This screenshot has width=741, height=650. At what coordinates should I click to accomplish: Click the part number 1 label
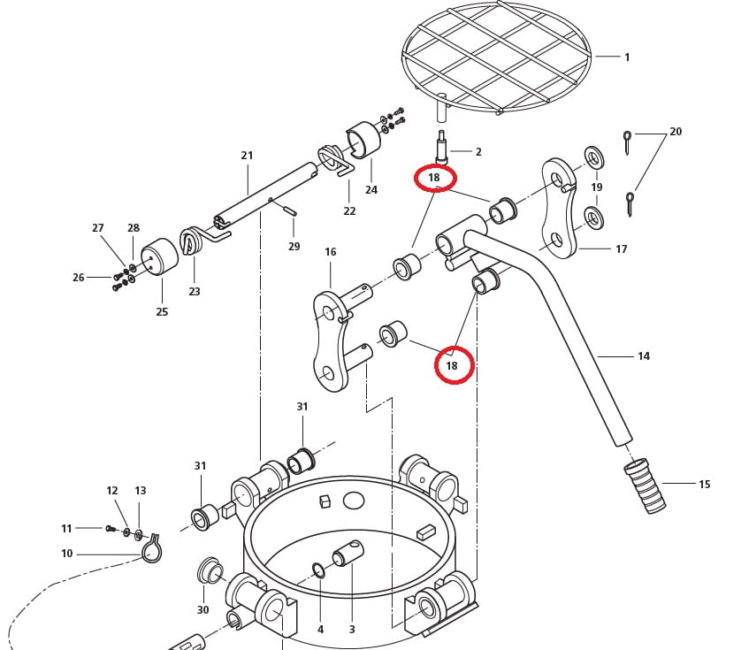pos(627,57)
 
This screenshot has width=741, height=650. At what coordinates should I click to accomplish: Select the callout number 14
pos(643,356)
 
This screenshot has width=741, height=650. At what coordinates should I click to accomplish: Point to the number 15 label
pos(704,485)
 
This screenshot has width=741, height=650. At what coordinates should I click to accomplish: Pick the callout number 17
pos(621,249)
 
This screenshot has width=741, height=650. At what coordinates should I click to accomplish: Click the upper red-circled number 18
pos(434,178)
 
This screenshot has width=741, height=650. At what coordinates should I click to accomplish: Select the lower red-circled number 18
pos(453,365)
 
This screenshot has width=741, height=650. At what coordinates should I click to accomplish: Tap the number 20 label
pos(676,132)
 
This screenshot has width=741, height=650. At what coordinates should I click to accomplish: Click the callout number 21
pos(247,156)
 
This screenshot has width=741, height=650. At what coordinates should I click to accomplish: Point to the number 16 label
pos(330,252)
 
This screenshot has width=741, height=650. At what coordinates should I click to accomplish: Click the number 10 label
pos(67,554)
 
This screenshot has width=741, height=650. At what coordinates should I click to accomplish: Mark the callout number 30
pos(202,610)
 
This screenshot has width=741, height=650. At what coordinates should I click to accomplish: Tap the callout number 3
pos(351,630)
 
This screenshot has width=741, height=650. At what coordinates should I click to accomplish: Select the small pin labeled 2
pos(440,144)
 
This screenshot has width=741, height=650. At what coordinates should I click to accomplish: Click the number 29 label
pos(294,247)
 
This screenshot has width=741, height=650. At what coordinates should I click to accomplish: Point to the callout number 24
pos(371,190)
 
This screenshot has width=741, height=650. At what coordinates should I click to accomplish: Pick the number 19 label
pos(597,187)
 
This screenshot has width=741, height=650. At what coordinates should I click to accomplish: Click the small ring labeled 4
pos(318,570)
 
